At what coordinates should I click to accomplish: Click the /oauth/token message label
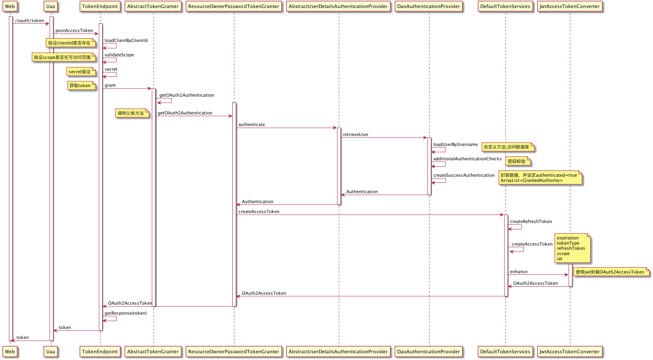pyautogui.click(x=29, y=21)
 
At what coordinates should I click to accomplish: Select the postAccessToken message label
pyautogui.click(x=74, y=31)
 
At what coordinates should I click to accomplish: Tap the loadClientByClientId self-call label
pyautogui.click(x=126, y=41)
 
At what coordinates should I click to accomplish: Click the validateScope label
pyautogui.click(x=119, y=55)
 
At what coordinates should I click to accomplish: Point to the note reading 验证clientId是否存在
pyautogui.click(x=70, y=43)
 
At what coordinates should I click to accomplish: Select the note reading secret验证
pyautogui.click(x=80, y=72)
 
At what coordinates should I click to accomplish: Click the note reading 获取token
pyautogui.click(x=80, y=86)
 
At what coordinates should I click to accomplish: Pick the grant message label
pyautogui.click(x=110, y=85)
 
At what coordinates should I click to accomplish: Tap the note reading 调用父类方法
pyautogui.click(x=131, y=113)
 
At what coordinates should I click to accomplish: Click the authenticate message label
pyautogui.click(x=251, y=125)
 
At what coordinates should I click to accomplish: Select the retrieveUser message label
pyautogui.click(x=355, y=135)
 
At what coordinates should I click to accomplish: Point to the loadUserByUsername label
pyautogui.click(x=455, y=145)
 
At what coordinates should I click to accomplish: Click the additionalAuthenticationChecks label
pyautogui.click(x=467, y=159)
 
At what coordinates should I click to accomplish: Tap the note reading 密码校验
pyautogui.click(x=516, y=162)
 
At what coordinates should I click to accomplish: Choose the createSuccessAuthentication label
pyautogui.click(x=464, y=175)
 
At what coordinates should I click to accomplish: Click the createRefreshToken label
pyautogui.click(x=531, y=222)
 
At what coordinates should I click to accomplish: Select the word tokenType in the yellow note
pyautogui.click(x=568, y=243)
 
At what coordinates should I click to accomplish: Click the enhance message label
pyautogui.click(x=519, y=272)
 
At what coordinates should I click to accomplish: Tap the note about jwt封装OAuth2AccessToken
pyautogui.click(x=610, y=272)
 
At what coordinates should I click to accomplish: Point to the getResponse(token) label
pyautogui.click(x=126, y=313)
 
